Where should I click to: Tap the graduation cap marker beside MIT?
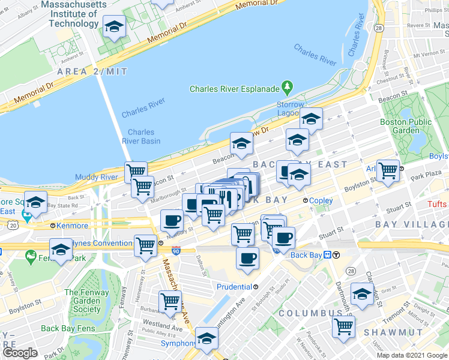coord(114,28)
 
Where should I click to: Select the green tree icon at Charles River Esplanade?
coord(288,89)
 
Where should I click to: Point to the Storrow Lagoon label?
coord(291,109)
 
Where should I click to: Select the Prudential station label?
coord(237,286)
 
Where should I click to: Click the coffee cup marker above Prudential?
coord(247,259)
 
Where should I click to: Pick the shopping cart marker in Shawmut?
coord(343,327)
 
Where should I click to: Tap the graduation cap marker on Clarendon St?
coord(362,294)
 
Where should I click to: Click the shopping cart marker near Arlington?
coord(388,171)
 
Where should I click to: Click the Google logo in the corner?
coord(20,353)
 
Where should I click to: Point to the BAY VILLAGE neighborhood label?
coord(411,224)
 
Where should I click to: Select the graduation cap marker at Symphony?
coord(207,340)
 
